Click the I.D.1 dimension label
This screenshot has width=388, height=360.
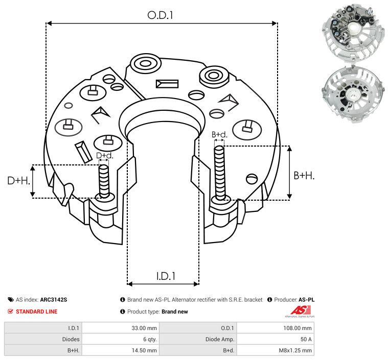[166, 276]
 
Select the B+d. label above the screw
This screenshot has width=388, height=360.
[219, 134]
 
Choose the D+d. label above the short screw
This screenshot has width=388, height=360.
[104, 155]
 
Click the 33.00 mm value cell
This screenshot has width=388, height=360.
[145, 328]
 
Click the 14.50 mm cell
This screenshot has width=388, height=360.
[145, 350]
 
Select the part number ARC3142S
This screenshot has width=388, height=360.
[54, 300]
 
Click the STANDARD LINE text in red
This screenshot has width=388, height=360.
[37, 311]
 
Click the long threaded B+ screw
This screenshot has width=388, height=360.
[220, 174]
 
